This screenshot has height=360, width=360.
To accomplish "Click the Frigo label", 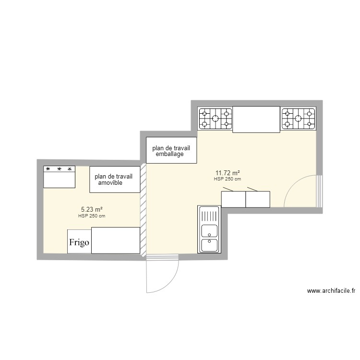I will pyautogui.click(x=79, y=242).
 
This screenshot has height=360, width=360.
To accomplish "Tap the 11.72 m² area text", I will pyautogui.click(x=228, y=173).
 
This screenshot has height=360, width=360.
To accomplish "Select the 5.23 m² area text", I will pyautogui.click(x=92, y=209).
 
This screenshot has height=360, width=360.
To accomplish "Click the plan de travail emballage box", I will pyautogui.click(x=171, y=150).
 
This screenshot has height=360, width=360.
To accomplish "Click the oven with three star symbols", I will pyautogui.click(x=60, y=177).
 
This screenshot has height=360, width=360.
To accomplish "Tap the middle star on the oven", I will pyautogui.click(x=59, y=169).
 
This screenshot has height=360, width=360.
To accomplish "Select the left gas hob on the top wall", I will pyautogui.click(x=216, y=118).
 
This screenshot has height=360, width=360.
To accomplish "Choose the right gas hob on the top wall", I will pyautogui.click(x=299, y=118).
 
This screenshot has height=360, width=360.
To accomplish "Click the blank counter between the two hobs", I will pyautogui.click(x=256, y=119).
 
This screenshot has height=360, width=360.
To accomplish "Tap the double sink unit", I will pyautogui.click(x=209, y=229).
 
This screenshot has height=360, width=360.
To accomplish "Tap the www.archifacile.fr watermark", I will pyautogui.click(x=331, y=291).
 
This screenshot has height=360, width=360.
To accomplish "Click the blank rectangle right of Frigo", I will pyautogui.click(x=115, y=240).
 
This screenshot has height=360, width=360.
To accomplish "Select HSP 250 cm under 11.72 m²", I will pyautogui.click(x=227, y=179).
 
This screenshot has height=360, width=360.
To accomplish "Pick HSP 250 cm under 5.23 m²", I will pyautogui.click(x=92, y=216).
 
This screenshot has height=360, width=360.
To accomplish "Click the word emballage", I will pyautogui.click(x=170, y=154).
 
